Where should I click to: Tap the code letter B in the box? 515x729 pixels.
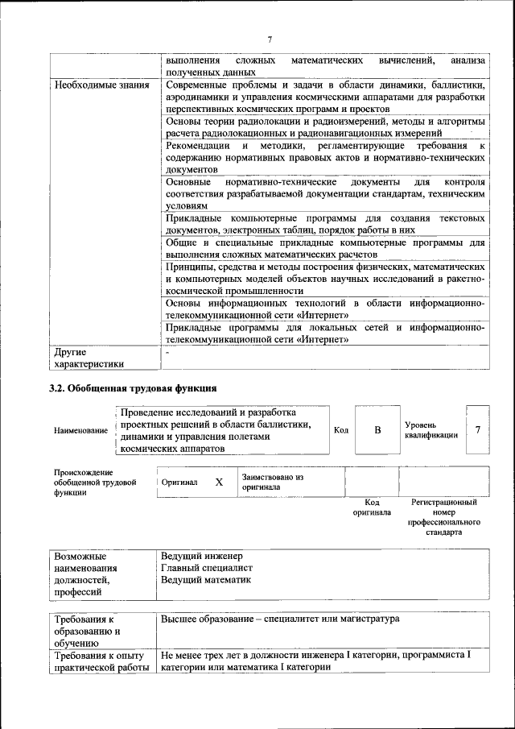click(x=377, y=429)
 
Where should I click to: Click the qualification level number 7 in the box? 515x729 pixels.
click(x=477, y=429)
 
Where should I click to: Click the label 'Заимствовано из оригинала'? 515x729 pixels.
click(x=272, y=482)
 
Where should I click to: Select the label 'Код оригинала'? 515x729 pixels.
click(x=372, y=507)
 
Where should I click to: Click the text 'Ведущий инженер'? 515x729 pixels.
click(x=201, y=557)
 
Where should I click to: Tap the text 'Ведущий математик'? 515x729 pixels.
click(x=206, y=579)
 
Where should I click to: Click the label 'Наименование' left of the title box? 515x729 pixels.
click(x=80, y=430)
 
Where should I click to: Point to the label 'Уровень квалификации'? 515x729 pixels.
click(x=431, y=429)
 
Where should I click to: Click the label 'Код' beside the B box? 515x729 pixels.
click(x=340, y=429)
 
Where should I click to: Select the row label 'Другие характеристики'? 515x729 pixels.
click(x=89, y=358)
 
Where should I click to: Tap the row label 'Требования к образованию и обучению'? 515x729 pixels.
click(x=89, y=632)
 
